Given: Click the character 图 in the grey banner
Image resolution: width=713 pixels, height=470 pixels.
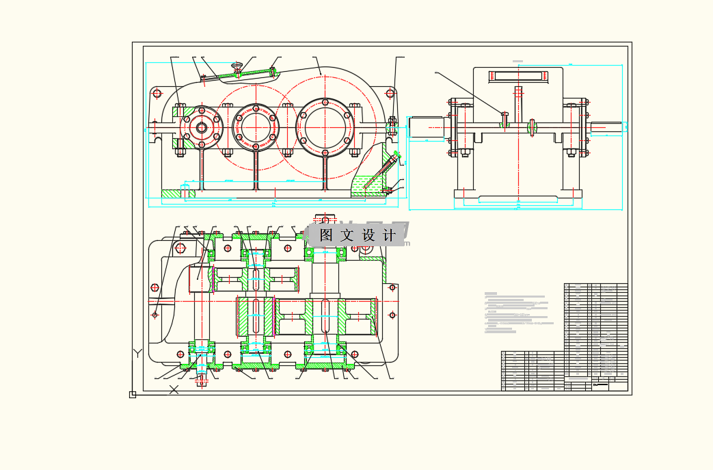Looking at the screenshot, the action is (x=326, y=235).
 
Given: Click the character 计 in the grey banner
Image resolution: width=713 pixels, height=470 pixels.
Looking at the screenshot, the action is (x=390, y=235).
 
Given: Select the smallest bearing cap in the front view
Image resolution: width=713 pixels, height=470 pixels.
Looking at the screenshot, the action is (x=202, y=127).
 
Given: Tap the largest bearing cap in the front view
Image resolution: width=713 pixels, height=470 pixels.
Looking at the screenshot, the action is (x=325, y=127).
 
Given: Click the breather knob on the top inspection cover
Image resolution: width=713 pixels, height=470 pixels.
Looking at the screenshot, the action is (x=237, y=66).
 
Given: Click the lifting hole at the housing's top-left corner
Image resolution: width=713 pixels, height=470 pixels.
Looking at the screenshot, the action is (x=157, y=94).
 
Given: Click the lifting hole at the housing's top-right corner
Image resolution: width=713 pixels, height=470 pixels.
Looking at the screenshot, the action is (x=390, y=94).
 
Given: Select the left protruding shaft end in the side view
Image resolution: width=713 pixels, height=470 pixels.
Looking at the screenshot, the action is (x=427, y=127).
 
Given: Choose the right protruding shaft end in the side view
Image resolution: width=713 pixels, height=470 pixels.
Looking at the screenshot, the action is (x=606, y=127).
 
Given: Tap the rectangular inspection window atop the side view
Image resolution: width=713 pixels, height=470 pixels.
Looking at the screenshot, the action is (x=517, y=76).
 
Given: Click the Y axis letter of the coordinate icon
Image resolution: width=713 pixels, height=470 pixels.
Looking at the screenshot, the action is (x=137, y=353).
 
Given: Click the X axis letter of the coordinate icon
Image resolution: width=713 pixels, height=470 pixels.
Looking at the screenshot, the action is (x=174, y=389).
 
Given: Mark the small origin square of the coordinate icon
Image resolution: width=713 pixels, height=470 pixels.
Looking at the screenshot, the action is (x=132, y=394).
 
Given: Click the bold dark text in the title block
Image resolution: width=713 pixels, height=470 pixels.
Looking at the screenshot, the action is (x=600, y=384).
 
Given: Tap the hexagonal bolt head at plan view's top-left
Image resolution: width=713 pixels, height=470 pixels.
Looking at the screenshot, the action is (x=180, y=248).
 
